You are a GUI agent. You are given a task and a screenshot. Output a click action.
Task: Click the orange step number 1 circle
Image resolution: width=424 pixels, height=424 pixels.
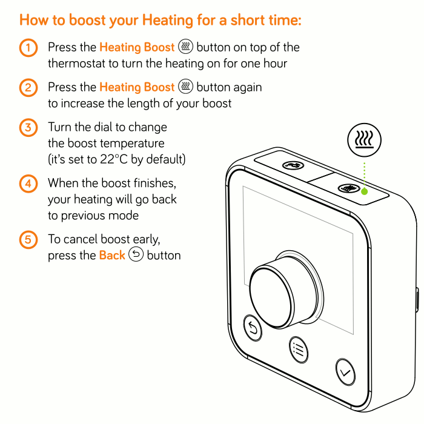28,48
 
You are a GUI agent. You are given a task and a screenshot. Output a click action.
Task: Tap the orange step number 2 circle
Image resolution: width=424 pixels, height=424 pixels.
28,88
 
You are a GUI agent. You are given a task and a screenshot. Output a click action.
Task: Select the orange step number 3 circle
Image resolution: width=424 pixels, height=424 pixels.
28,127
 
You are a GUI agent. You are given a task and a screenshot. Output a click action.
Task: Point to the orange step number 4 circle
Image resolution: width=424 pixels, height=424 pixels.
28,184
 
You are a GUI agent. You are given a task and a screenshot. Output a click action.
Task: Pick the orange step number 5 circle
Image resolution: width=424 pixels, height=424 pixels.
28,240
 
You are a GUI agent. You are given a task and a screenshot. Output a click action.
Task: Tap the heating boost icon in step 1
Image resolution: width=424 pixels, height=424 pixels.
185,47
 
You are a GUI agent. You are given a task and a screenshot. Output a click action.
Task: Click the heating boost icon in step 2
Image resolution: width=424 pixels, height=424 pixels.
185,87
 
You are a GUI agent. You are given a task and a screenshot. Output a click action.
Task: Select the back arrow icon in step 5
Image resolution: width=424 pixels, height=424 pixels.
136,254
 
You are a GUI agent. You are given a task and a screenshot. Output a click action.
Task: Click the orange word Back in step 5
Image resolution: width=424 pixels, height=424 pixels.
112,255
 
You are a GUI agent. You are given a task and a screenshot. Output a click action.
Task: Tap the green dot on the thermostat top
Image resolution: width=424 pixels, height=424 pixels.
364,191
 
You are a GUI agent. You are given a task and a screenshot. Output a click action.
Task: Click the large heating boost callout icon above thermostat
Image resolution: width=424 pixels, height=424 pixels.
364,140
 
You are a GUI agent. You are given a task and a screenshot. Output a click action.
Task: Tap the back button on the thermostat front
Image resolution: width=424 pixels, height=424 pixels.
253,328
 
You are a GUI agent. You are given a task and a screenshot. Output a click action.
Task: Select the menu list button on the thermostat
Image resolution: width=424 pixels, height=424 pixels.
299,349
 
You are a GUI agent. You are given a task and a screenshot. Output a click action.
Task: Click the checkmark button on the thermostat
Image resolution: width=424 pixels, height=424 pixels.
345,372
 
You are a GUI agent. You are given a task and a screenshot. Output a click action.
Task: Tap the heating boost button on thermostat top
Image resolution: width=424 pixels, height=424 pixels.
349,188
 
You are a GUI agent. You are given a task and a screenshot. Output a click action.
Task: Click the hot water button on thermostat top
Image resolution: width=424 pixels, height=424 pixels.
293,165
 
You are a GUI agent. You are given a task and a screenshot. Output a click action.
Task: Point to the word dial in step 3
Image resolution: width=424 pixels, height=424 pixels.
103,127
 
